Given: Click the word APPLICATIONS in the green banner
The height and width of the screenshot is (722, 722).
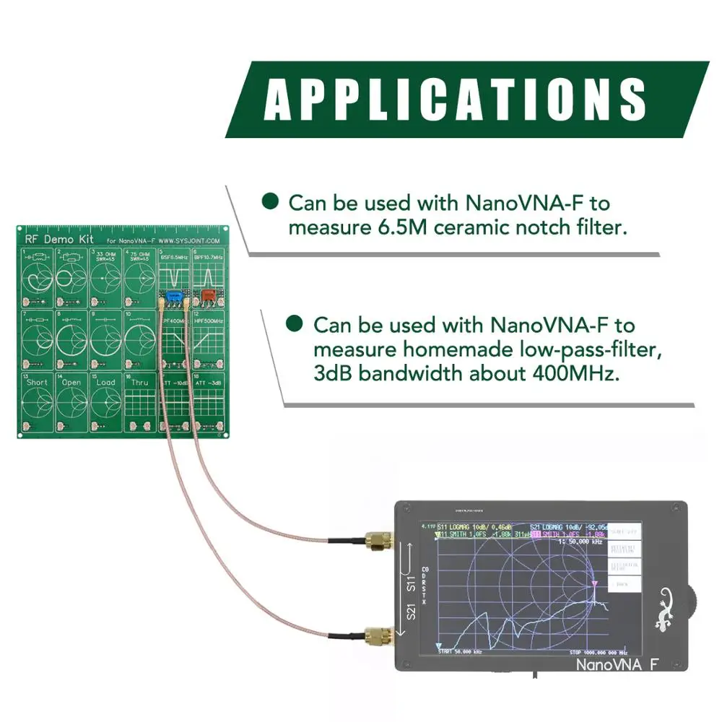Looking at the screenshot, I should click(454, 100).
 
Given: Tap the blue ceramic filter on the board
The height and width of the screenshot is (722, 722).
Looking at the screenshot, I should click(173, 296).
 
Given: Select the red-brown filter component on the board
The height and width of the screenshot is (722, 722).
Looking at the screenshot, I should click(208, 295).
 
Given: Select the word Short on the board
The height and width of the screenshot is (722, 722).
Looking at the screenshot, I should click(37, 382).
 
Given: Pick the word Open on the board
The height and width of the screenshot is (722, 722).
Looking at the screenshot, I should click(71, 382).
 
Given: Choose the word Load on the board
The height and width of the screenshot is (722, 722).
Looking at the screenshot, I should click(105, 382).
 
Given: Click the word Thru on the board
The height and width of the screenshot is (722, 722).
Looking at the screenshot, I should click(139, 382).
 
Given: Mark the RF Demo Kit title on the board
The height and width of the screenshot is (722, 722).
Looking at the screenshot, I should click(50, 239).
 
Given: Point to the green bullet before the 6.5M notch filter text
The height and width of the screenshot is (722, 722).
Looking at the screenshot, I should click(270, 202).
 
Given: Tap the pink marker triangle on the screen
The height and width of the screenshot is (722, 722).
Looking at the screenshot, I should click(594, 583).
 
